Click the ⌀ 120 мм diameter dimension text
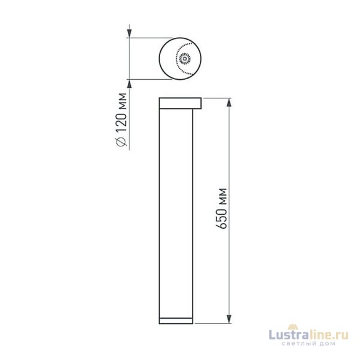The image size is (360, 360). (x=122, y=119)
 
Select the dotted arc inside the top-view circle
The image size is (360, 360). (x=191, y=59)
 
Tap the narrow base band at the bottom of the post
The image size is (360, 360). (x=178, y=321)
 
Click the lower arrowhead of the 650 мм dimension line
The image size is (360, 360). (x=229, y=320)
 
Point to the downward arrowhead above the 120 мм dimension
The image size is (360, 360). (x=128, y=34)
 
